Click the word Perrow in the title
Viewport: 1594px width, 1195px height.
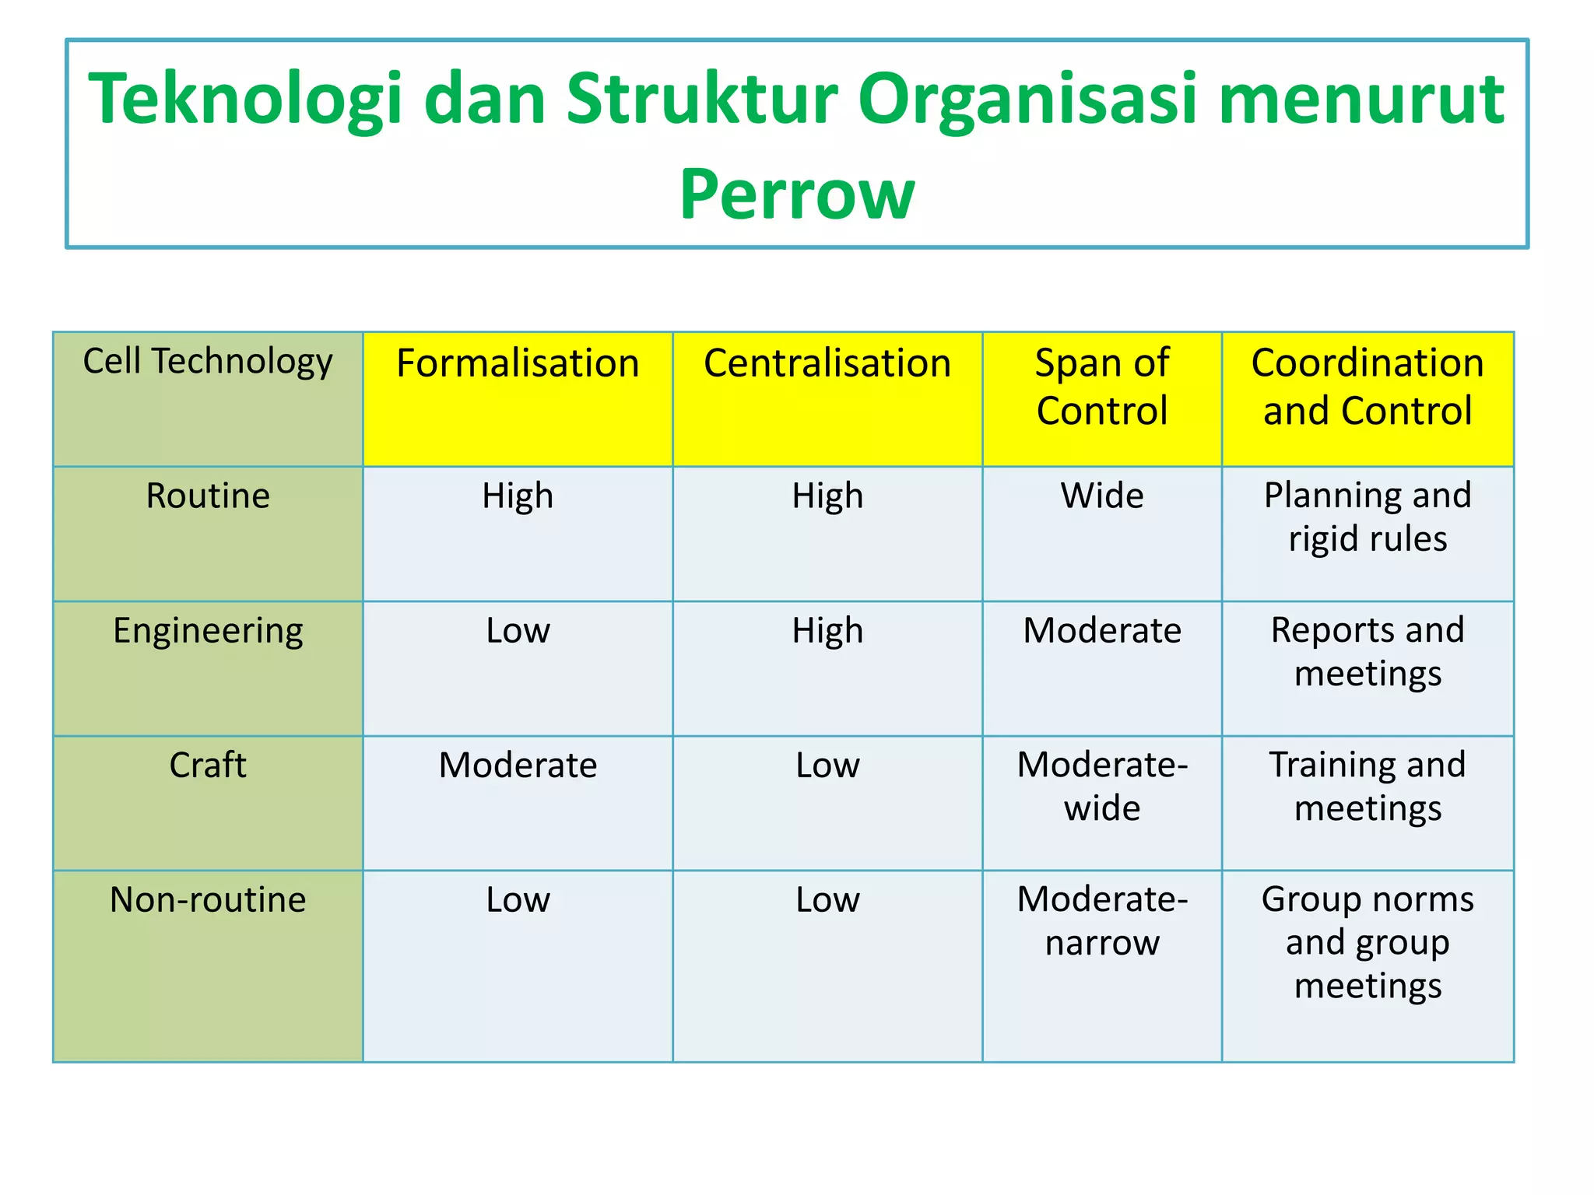pyautogui.click(x=796, y=194)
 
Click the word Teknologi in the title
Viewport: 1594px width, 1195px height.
pyautogui.click(x=246, y=100)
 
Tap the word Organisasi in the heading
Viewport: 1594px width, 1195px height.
pyautogui.click(x=1027, y=100)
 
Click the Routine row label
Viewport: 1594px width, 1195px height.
pyautogui.click(x=208, y=496)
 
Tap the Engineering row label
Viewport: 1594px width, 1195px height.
pyautogui.click(x=208, y=631)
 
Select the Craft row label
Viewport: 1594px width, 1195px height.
pyautogui.click(x=208, y=766)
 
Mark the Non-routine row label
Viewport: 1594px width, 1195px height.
pyautogui.click(x=208, y=900)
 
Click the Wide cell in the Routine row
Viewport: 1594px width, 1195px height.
pyautogui.click(x=1101, y=496)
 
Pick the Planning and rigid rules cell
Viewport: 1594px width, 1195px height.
pyautogui.click(x=1368, y=517)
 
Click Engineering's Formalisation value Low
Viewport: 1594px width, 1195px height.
pyautogui.click(x=518, y=631)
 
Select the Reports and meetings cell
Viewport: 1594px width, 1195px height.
pyautogui.click(x=1368, y=652)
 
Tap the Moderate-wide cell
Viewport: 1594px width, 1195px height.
pyautogui.click(x=1101, y=787)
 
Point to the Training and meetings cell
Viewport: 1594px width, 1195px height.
pyautogui.click(x=1368, y=787)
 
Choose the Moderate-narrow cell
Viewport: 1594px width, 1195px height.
pyautogui.click(x=1101, y=921)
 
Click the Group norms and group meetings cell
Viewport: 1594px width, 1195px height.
pyautogui.click(x=1368, y=942)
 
